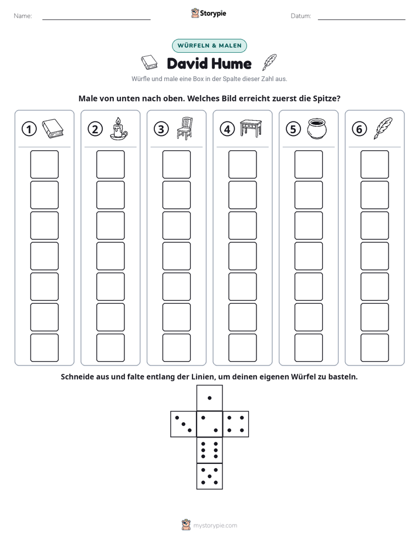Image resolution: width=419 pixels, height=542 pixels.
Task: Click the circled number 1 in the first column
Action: click(29, 129)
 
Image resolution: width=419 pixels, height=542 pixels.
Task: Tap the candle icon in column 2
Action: click(119, 128)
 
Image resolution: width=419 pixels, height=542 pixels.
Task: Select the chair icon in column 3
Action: click(185, 128)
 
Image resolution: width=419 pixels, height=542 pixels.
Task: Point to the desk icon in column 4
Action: click(251, 128)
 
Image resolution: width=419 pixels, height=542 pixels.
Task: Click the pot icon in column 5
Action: click(317, 128)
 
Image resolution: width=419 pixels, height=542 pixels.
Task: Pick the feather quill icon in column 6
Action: click(383, 128)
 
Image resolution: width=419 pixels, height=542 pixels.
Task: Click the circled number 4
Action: click(227, 129)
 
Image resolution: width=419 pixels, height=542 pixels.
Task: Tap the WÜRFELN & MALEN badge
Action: click(209, 46)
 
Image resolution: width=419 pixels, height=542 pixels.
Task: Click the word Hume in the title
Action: click(231, 63)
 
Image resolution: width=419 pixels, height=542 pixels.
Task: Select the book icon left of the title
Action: click(149, 63)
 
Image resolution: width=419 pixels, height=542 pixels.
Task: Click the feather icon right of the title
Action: click(270, 62)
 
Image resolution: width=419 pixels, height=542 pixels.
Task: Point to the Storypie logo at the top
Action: click(208, 13)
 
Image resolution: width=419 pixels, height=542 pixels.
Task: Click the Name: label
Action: click(23, 16)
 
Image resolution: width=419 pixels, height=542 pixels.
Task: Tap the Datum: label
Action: click(301, 16)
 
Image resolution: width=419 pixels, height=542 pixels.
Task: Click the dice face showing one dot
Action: click(209, 398)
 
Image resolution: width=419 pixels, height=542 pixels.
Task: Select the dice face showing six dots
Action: click(209, 450)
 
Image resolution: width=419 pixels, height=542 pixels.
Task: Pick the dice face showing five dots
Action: click(209, 476)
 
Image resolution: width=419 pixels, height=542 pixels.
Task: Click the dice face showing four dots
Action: click(236, 424)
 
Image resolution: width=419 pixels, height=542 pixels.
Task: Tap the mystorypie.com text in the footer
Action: click(215, 526)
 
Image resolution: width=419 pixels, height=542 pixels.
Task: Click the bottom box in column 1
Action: click(45, 348)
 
